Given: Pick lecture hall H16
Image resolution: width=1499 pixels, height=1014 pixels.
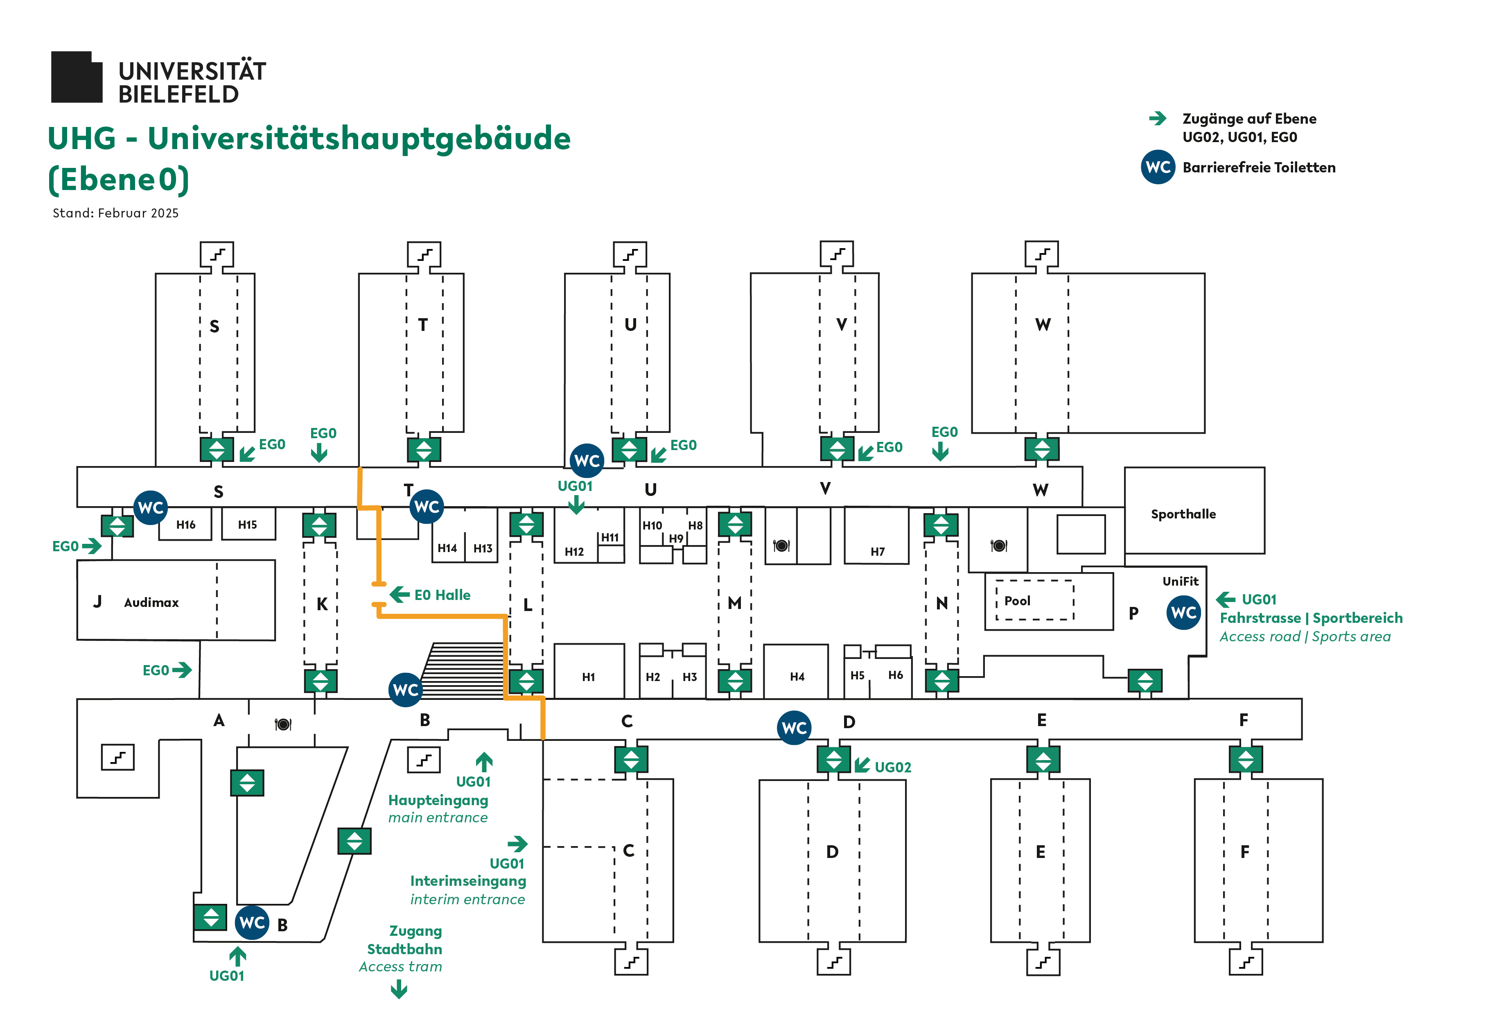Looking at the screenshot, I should point(186,525).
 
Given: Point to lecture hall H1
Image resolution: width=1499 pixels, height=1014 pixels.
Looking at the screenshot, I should point(588,677).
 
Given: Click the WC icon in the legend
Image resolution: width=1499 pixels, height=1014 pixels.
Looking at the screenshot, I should point(1157,167).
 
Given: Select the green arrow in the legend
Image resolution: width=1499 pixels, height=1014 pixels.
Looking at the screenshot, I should point(1157,118).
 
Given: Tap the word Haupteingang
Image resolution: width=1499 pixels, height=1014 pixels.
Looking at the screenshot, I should point(438,800).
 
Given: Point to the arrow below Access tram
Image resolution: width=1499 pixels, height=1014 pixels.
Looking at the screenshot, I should point(399,988).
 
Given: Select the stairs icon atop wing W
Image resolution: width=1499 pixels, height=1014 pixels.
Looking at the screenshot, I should point(1042,254).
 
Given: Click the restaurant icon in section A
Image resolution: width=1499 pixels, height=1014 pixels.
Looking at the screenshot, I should point(282,724).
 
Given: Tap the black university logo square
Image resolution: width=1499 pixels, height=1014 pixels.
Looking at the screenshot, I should point(76,77).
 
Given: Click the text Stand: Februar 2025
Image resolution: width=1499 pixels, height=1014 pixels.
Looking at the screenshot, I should point(115,213).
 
